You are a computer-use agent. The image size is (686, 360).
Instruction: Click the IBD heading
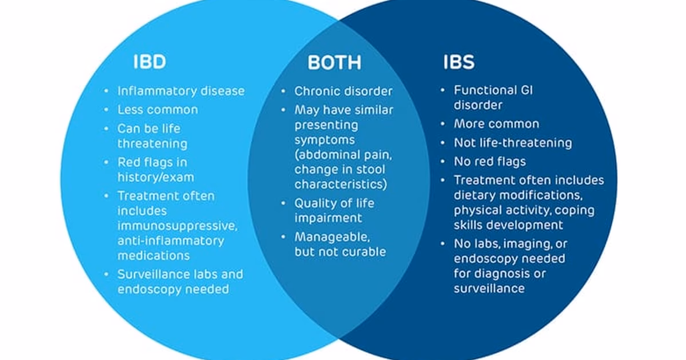coord(149,62)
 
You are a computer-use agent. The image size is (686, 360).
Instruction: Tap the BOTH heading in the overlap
coord(334,62)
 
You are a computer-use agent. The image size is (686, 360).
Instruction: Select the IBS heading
coord(458,62)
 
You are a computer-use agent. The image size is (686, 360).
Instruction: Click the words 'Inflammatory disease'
coord(181,91)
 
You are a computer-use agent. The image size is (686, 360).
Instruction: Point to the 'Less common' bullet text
coord(158,110)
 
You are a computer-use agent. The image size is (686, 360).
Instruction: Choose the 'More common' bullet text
coord(496,124)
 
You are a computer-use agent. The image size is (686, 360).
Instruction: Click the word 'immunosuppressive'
coord(177,226)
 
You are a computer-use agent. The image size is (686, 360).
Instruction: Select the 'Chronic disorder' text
coord(344,91)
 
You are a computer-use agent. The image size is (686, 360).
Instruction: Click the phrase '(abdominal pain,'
coord(343,154)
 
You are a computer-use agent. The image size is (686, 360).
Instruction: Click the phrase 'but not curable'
coord(340,251)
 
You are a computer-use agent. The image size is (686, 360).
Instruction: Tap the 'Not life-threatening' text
coord(513,143)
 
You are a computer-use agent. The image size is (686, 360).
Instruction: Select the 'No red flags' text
coord(490,162)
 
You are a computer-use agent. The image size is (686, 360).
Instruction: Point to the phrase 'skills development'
coord(508,225)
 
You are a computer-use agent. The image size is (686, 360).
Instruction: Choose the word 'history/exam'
coord(155,177)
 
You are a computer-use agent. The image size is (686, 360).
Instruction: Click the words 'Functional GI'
coord(493,90)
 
